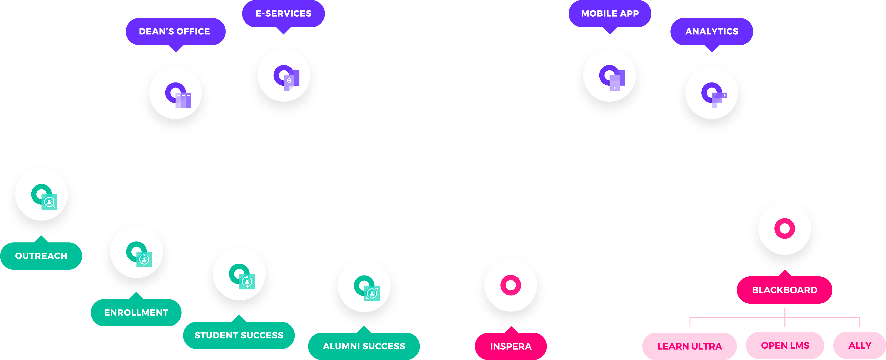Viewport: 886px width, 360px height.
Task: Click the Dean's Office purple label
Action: pos(175,31)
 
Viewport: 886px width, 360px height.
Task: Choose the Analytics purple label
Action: pos(712,31)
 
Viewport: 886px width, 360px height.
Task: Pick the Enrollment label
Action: pos(136,312)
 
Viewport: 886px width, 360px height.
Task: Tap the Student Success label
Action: pos(239,335)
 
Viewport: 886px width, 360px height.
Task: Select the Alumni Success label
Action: pos(364,346)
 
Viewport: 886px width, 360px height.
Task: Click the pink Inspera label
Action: pos(511,346)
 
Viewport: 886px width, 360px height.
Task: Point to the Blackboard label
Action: pos(785,290)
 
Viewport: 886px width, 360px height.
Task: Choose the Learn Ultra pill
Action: pos(690,346)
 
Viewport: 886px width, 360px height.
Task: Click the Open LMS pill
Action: pos(785,345)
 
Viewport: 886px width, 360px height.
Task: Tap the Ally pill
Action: pos(860,345)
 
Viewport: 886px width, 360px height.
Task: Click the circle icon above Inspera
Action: pos(511,285)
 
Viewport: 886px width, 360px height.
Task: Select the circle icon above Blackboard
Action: pos(785,228)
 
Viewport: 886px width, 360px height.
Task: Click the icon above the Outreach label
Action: pos(41,194)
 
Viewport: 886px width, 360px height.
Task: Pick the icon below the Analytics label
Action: pos(712,93)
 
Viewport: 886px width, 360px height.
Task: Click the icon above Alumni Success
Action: pos(364,286)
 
